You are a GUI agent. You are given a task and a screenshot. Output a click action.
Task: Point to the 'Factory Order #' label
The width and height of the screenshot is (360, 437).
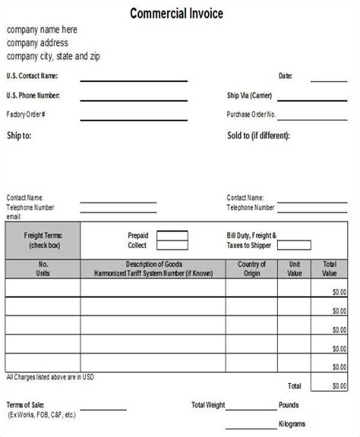tap(26, 115)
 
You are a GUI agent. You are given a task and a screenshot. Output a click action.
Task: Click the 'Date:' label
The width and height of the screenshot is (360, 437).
tap(285, 77)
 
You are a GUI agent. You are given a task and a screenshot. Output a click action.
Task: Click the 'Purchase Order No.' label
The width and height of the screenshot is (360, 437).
tap(251, 115)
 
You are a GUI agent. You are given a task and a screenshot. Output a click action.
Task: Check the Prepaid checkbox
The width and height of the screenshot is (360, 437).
tap(172, 235)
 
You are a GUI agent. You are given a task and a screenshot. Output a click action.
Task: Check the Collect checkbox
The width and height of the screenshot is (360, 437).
tap(172, 245)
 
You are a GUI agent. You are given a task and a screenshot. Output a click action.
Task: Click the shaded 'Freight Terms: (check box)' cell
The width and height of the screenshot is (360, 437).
tap(43, 241)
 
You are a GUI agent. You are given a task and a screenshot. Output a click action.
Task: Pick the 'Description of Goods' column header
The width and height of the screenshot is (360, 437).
tap(153, 268)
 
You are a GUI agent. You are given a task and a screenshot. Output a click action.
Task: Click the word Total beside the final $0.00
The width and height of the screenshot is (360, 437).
tap(295, 386)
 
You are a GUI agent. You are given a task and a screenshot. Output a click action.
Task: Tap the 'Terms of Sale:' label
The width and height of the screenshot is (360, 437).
tap(25, 405)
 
